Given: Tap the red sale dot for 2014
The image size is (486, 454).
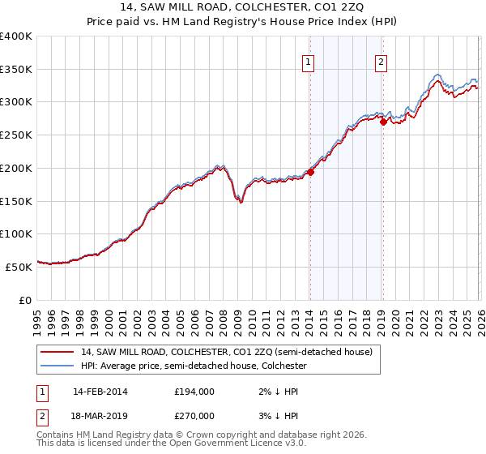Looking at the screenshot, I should (310, 171).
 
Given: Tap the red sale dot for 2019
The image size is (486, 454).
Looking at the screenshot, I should (383, 122).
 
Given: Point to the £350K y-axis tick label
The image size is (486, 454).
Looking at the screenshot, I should (16, 70).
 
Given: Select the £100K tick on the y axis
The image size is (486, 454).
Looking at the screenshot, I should (16, 233).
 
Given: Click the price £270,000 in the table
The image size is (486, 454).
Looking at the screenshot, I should (194, 415).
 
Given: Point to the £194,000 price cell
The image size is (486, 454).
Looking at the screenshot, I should (194, 391).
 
